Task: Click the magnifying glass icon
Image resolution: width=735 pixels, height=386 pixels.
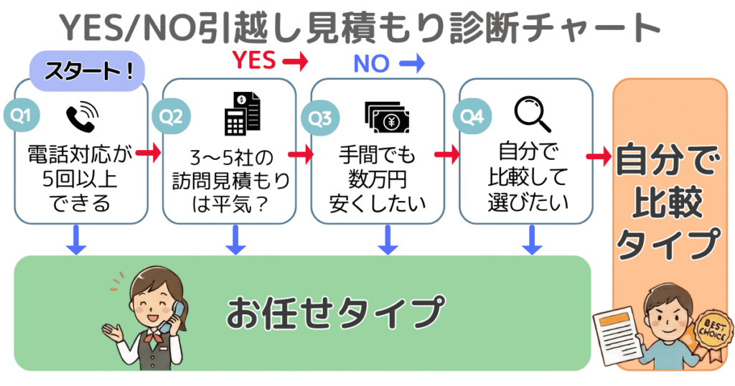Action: (x=532, y=113)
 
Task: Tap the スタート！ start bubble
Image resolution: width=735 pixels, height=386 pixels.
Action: (x=87, y=72)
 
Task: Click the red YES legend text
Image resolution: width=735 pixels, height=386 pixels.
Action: (x=253, y=62)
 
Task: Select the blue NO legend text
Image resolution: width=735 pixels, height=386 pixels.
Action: (x=371, y=64)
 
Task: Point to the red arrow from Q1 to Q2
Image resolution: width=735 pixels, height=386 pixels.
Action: (x=149, y=153)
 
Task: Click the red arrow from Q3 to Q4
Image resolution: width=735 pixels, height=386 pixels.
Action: (x=446, y=154)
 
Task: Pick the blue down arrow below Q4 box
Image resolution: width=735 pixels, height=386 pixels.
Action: (x=532, y=240)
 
